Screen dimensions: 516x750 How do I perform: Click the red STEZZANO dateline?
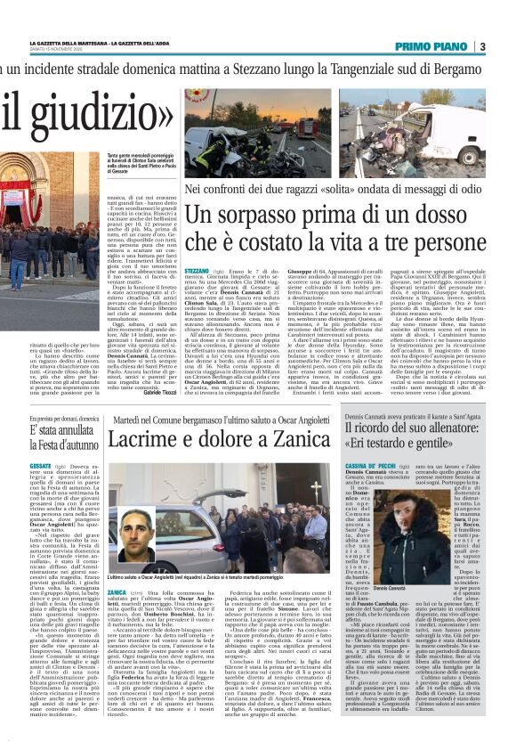pyautogui.click(x=197, y=268)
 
